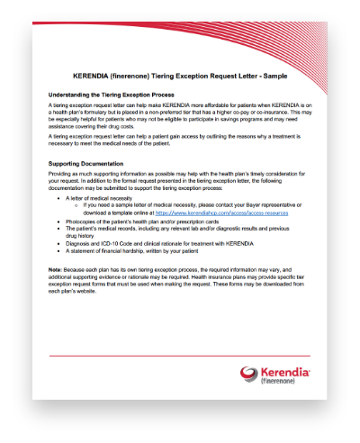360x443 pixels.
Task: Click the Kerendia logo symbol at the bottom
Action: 249,372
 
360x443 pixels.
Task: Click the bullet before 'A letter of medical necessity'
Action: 58,195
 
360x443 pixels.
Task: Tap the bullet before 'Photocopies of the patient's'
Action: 58,220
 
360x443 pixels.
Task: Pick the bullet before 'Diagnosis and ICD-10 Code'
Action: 58,242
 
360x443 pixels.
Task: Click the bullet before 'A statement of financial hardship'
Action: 58,250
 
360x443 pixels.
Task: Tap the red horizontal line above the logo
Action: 180,356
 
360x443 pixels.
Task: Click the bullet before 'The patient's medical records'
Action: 58,228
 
